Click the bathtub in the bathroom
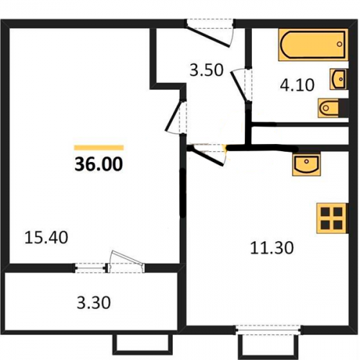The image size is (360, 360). [x=313, y=45]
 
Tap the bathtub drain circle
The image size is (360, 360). [x=339, y=44]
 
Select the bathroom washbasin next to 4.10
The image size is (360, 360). [x=339, y=79]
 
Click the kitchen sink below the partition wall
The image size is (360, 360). [x=307, y=164]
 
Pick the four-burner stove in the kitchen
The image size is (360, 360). [x=333, y=218]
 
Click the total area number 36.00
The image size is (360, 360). [x=99, y=164]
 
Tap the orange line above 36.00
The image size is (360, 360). [x=99, y=148]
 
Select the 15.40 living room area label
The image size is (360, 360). [x=46, y=238]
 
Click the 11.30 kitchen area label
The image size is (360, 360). [x=272, y=248]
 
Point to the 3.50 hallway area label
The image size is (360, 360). [x=207, y=70]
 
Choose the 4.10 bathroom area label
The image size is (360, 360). [x=297, y=85]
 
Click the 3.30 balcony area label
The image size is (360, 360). [x=94, y=302]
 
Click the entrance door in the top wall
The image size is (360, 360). [x=210, y=32]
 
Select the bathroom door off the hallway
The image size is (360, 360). [x=241, y=84]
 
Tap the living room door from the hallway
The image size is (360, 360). [x=176, y=117]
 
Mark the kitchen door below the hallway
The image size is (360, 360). [x=207, y=154]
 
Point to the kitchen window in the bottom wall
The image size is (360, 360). [x=269, y=330]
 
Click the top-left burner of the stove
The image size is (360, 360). [x=325, y=212]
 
